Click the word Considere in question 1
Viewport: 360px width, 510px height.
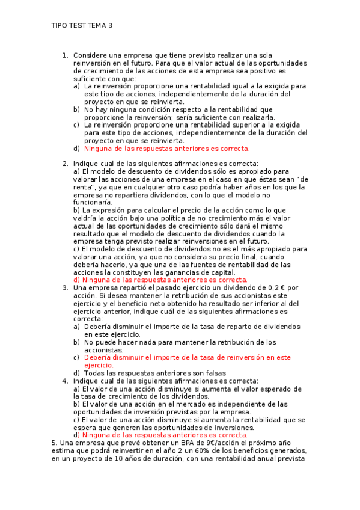tap(90, 55)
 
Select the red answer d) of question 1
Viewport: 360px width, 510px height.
tap(166, 149)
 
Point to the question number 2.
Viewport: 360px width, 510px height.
tap(65, 164)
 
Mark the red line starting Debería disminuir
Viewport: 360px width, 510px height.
tap(187, 357)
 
